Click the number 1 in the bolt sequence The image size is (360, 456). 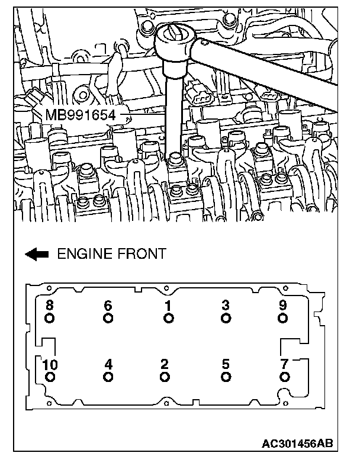[169, 306]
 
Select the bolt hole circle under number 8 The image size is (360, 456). [50, 319]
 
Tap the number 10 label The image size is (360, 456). [50, 364]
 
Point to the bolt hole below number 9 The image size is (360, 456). [284, 319]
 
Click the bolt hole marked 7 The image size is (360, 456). [285, 377]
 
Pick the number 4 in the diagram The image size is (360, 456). [108, 364]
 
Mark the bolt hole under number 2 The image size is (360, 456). [165, 377]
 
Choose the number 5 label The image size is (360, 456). [226, 364]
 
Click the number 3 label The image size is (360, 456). [226, 306]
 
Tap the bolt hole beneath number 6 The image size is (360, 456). [108, 319]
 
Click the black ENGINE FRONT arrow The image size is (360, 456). [37, 254]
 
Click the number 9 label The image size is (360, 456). [284, 306]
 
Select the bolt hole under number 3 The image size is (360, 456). [226, 319]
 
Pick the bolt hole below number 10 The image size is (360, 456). [50, 377]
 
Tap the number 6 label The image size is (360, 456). [108, 306]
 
